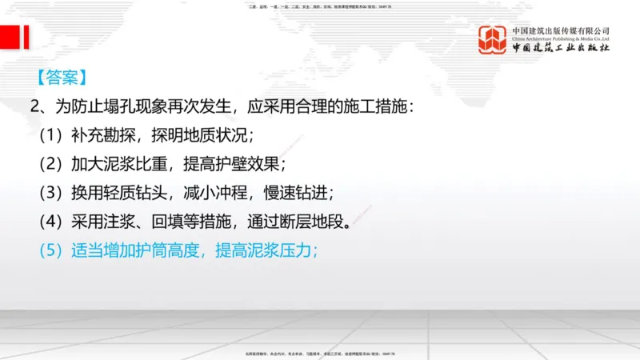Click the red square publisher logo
tap(493, 40)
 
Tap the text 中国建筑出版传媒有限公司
tap(561, 30)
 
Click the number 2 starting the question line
tap(34, 106)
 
